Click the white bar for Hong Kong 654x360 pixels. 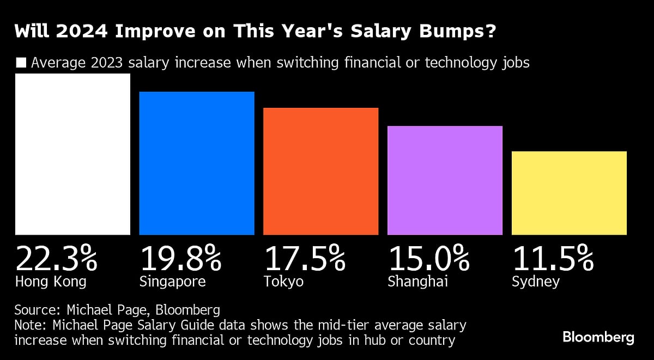point(72,154)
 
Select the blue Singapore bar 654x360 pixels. point(197,163)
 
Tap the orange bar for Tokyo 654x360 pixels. point(320,171)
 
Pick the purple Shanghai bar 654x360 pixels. point(445,180)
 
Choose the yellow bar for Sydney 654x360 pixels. point(569,193)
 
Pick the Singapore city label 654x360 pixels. point(173,282)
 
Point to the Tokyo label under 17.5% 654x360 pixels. point(283,282)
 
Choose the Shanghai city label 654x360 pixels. point(418,282)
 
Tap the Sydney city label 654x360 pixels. point(536,282)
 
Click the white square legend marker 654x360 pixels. point(21,63)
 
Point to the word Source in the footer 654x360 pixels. point(35,310)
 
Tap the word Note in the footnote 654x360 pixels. point(29,326)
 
